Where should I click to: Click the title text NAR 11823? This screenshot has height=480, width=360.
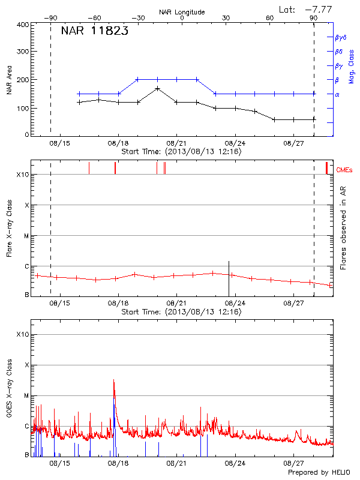(x=94, y=32)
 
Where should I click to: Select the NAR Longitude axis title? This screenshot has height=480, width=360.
(x=182, y=11)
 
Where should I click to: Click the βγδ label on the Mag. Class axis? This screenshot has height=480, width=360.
(x=340, y=37)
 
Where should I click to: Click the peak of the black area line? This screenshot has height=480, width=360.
(x=157, y=88)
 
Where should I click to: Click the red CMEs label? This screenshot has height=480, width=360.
(x=344, y=171)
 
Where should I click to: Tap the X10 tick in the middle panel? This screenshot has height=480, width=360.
(x=23, y=175)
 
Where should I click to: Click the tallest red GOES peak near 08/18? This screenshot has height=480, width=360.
(x=113, y=380)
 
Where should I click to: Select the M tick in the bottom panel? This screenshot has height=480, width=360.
(x=26, y=395)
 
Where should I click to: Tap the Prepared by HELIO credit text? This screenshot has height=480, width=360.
(x=320, y=473)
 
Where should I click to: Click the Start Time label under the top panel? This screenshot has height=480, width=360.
(x=181, y=152)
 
